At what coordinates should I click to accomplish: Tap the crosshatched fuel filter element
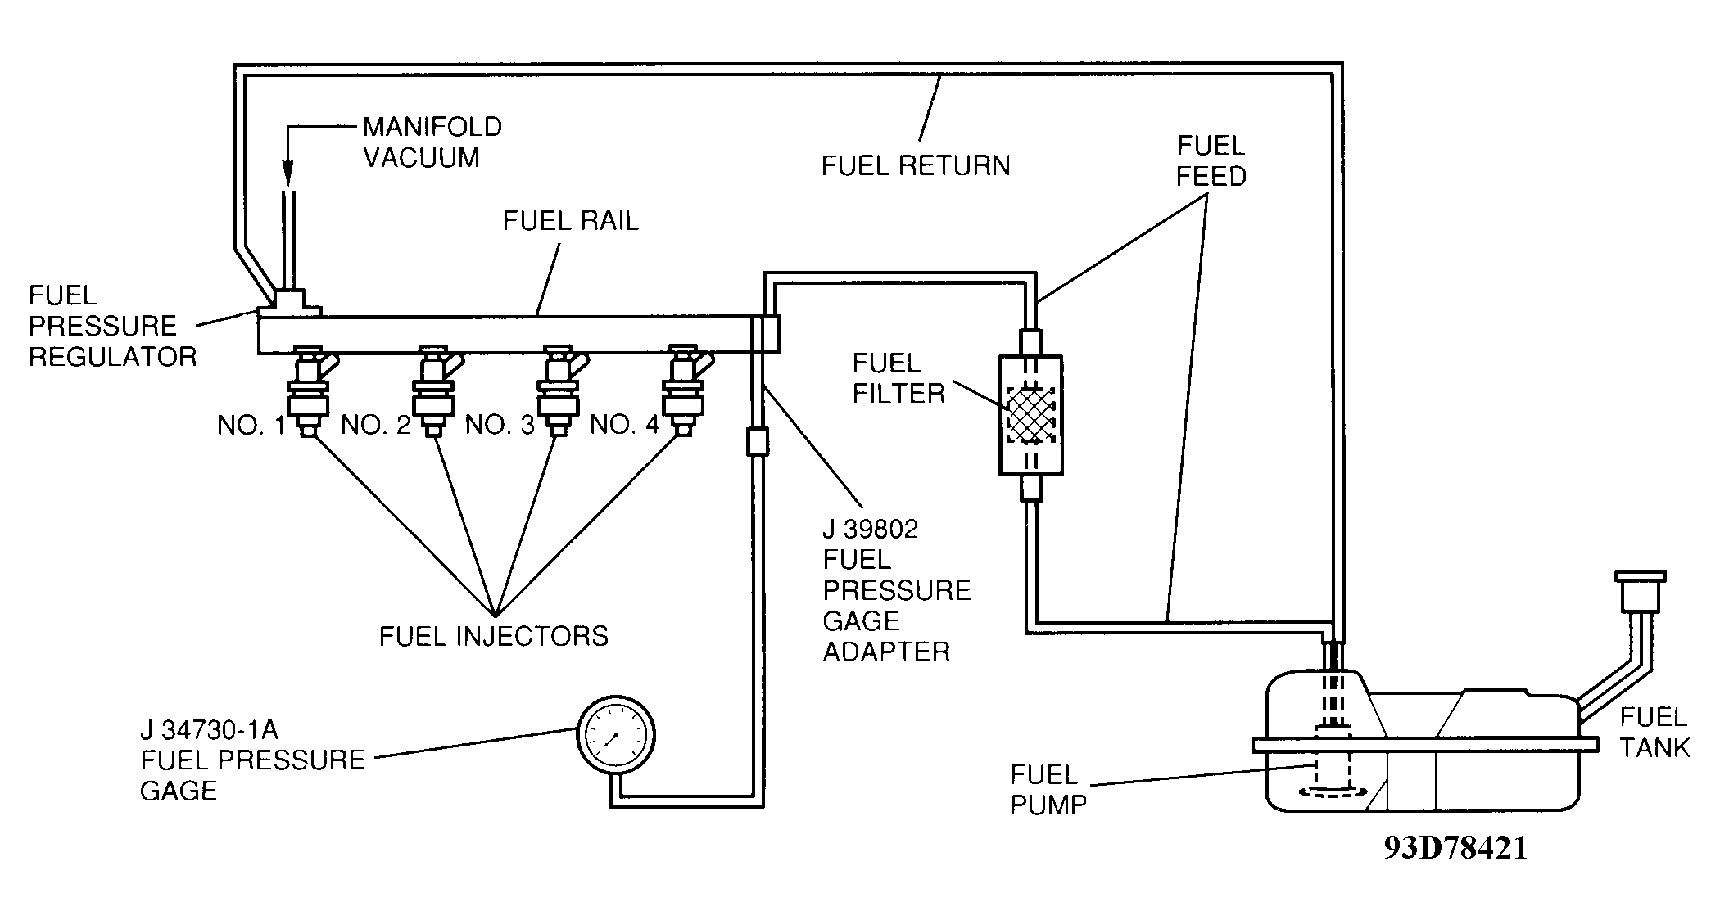[1031, 415]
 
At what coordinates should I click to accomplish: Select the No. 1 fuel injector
[308, 390]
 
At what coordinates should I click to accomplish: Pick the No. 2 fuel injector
[433, 390]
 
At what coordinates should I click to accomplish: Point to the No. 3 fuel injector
[558, 390]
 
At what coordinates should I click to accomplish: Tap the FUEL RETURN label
[916, 166]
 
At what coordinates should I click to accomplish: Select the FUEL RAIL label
[570, 221]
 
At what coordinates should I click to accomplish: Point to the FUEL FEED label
[1211, 161]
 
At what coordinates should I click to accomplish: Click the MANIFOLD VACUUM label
[432, 142]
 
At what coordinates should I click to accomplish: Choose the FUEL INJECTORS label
[494, 637]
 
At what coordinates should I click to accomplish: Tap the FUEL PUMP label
[1048, 790]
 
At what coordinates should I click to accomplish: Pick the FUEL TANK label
[1654, 733]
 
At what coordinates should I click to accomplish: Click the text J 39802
[871, 530]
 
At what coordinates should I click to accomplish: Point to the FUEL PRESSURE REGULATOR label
[112, 326]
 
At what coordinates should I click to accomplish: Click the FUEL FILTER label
[898, 378]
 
